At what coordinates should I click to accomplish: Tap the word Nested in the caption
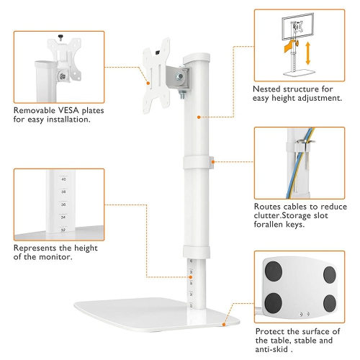pyautogui.click(x=270, y=89)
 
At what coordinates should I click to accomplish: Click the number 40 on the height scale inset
pyautogui.click(x=63, y=179)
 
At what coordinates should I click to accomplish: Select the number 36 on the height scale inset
pyautogui.click(x=63, y=204)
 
